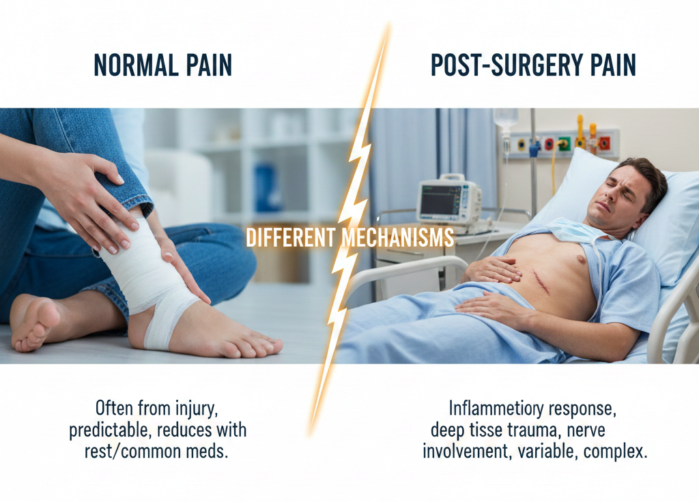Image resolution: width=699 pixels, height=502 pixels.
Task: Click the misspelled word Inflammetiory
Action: [x=487, y=409]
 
